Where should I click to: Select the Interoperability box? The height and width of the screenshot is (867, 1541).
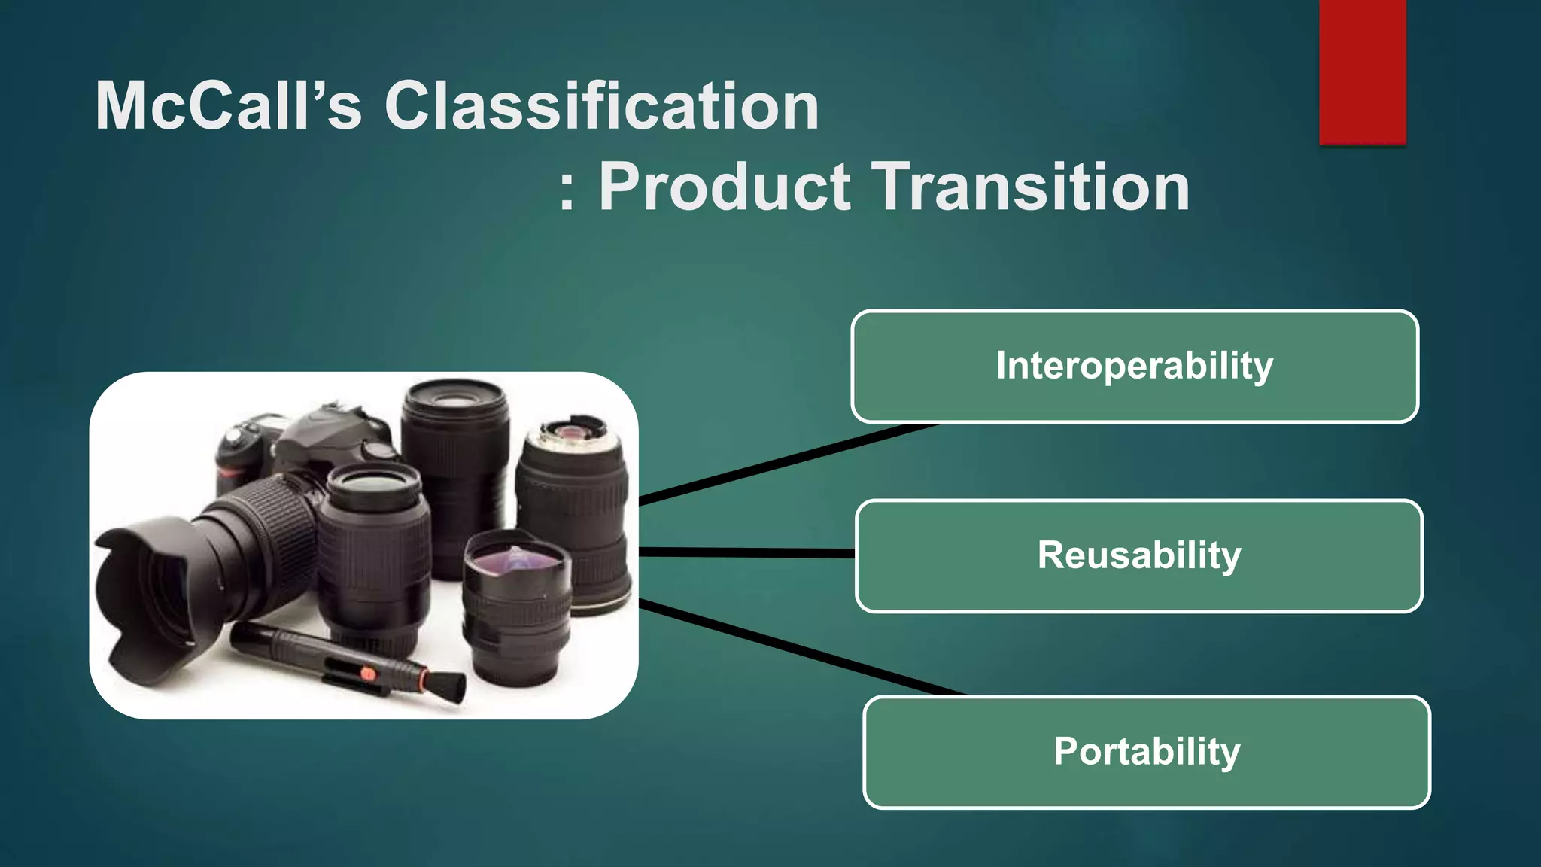(x=1135, y=367)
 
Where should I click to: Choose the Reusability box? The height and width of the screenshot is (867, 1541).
(x=1139, y=555)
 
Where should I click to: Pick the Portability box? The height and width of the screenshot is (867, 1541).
(x=1147, y=752)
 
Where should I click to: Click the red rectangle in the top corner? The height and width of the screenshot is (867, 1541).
(x=1362, y=71)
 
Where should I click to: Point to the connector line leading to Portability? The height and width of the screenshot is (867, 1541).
(x=798, y=649)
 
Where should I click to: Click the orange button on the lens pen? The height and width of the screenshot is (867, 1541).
(x=367, y=674)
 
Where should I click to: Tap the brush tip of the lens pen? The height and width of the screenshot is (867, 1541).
(x=447, y=687)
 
